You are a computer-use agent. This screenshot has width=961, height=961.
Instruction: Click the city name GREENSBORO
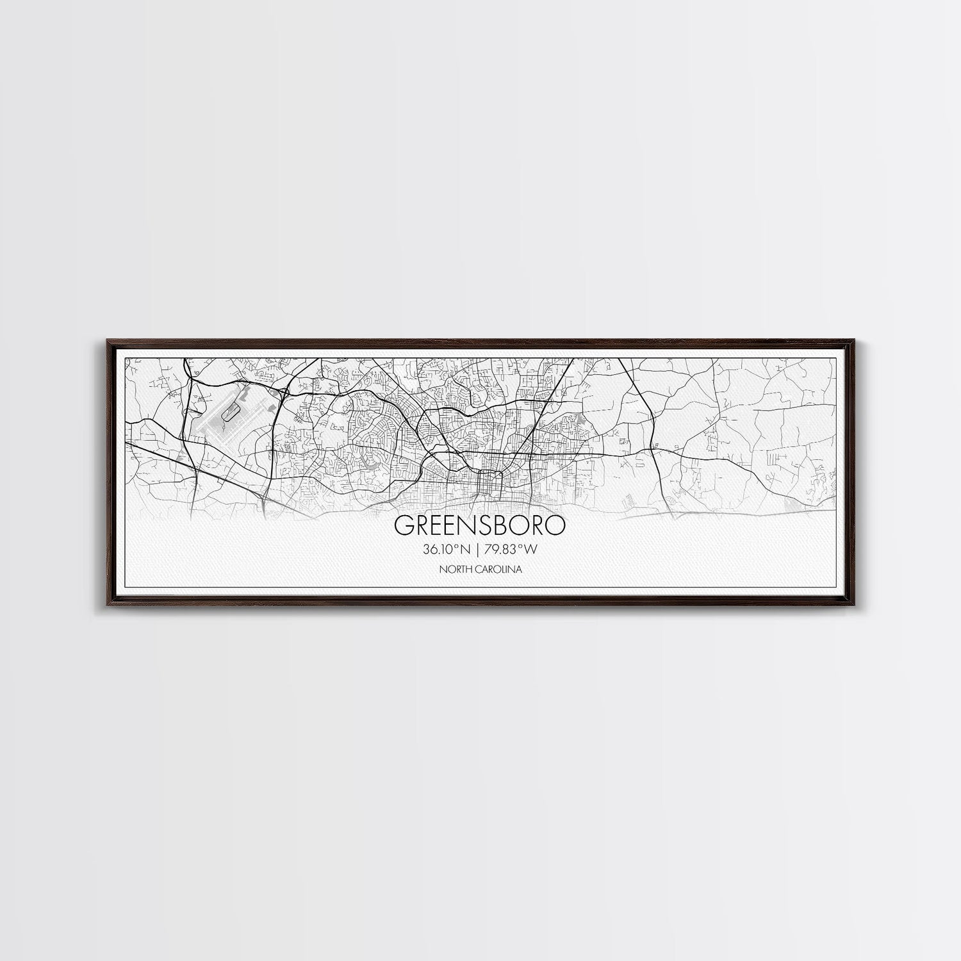click(x=480, y=525)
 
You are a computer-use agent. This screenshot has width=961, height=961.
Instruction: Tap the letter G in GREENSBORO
click(x=403, y=525)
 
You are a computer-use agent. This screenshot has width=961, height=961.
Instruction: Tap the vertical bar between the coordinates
click(x=476, y=549)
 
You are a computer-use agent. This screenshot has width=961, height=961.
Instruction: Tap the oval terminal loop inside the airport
click(x=227, y=413)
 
